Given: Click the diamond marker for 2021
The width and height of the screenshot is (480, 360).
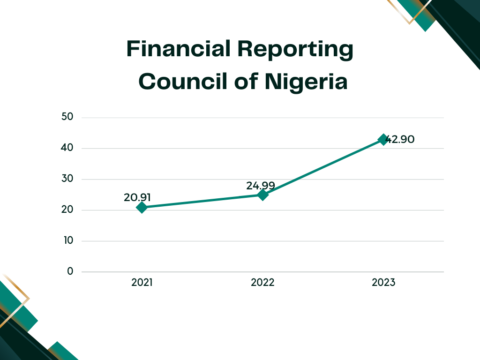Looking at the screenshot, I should (x=142, y=207).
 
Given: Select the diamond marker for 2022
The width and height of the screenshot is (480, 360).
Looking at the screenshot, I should (x=262, y=195).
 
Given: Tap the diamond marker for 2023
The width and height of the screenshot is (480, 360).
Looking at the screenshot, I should (x=383, y=139).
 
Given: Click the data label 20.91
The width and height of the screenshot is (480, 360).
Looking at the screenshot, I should (x=137, y=197).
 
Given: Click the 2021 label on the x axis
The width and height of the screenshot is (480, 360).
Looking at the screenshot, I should (x=142, y=283).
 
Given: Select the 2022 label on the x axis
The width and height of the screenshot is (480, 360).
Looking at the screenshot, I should (x=262, y=283).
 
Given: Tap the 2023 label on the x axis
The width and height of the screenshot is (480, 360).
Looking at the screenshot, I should (x=383, y=283).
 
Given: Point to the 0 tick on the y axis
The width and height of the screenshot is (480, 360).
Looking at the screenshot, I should (x=70, y=271).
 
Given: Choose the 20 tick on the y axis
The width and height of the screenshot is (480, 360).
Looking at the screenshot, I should (x=67, y=210).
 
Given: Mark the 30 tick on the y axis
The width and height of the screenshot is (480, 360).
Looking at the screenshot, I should (x=67, y=179).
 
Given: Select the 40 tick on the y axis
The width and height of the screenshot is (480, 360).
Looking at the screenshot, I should (x=67, y=148).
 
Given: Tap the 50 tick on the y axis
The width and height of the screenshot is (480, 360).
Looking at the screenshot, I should (x=67, y=117).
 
